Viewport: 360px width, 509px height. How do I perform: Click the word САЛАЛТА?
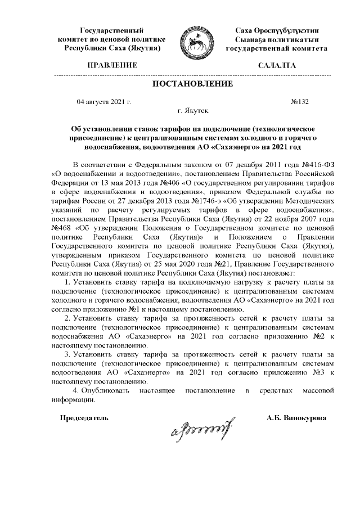277,66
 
